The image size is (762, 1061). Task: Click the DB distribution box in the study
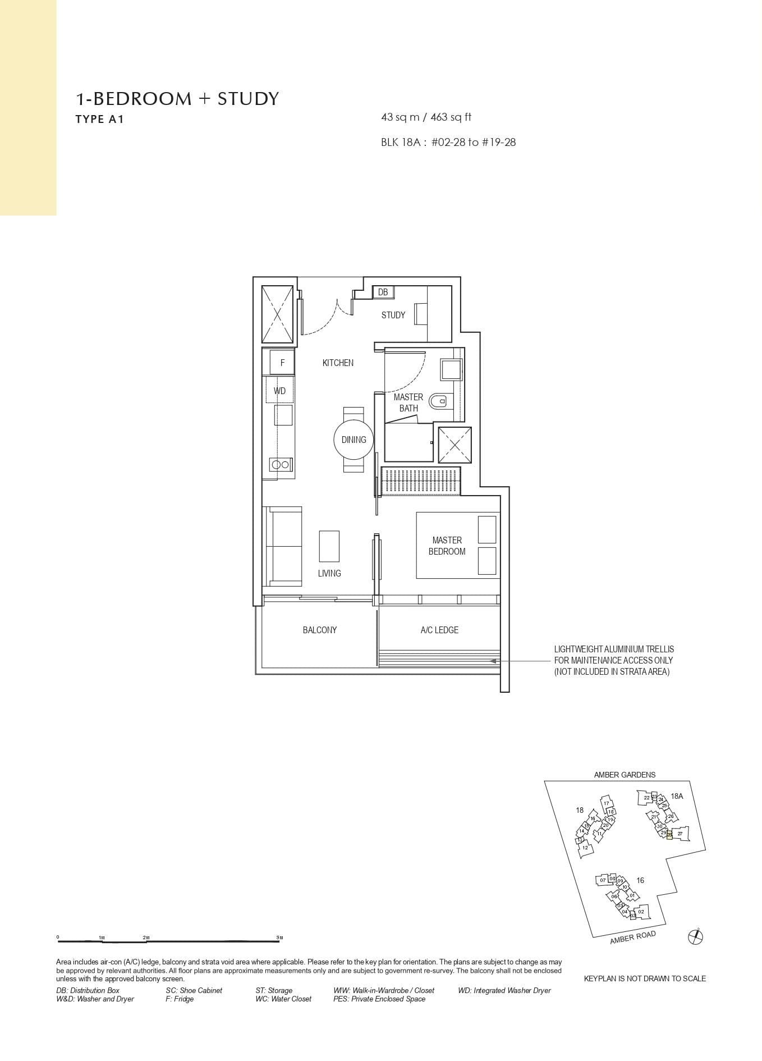(x=383, y=292)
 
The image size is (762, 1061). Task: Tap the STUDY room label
(x=393, y=315)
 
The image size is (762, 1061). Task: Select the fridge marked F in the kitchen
(x=282, y=363)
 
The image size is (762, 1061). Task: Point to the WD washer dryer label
(x=279, y=391)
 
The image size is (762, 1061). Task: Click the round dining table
(x=354, y=440)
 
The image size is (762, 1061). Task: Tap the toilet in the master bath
(x=438, y=401)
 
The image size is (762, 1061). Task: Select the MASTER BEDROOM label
(x=447, y=546)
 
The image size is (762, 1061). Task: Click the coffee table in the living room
(x=329, y=546)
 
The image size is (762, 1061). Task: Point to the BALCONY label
(x=320, y=630)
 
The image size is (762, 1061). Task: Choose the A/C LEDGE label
(x=439, y=630)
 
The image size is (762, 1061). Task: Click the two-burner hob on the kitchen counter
(x=280, y=464)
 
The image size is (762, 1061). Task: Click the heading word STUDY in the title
(x=248, y=99)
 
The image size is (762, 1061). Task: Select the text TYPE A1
(x=99, y=119)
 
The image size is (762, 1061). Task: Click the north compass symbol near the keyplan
(x=695, y=936)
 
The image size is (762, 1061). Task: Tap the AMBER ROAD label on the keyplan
(x=632, y=937)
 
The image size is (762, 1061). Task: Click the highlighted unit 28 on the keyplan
(x=669, y=835)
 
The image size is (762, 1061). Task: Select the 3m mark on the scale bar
(x=279, y=937)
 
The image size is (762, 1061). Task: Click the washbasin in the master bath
(x=451, y=370)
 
